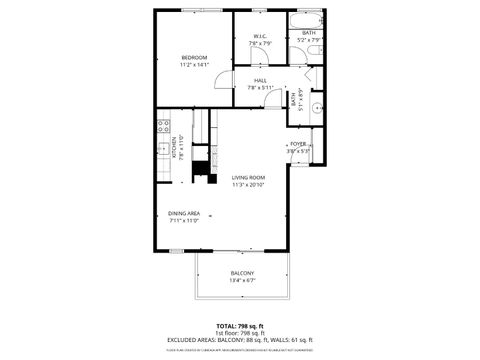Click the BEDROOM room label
pos(194,57)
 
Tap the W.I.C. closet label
pos(259,37)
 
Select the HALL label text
pos(260,80)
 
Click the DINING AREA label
pos(184,213)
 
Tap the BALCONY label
pos(242,273)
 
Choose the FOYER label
pos(298,144)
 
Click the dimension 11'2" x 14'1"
pos(194,65)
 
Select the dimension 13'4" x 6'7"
pos(242,281)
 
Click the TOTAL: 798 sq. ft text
pos(240,326)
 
